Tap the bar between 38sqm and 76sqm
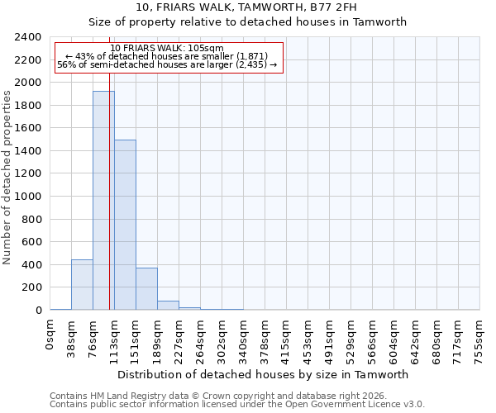point(82,285)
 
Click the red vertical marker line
point(109,206)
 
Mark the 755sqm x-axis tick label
point(480,340)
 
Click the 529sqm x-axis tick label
point(351,340)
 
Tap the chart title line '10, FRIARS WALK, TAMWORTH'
point(248,7)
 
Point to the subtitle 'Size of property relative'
point(248,22)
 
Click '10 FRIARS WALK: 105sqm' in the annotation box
point(167,49)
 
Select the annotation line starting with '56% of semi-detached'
point(167,64)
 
